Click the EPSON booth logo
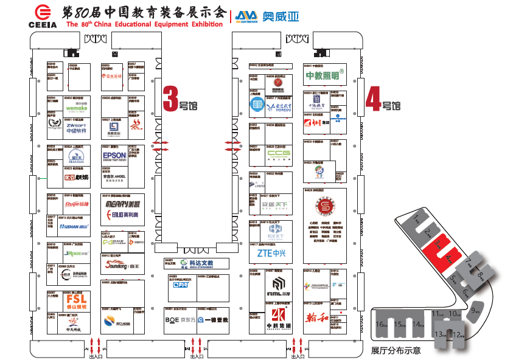(114, 156)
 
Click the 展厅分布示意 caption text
(396, 350)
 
